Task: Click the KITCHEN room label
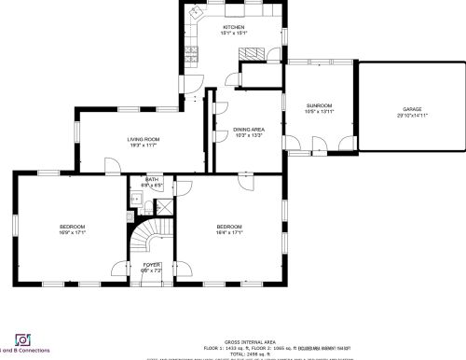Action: tap(233, 28)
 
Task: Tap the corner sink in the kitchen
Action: tap(196, 13)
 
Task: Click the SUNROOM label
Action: tap(320, 105)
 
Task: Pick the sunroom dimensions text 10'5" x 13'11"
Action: tap(320, 111)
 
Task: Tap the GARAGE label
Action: tap(412, 109)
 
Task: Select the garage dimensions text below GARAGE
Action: tap(412, 115)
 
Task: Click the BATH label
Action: tap(152, 179)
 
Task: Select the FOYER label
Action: tap(151, 265)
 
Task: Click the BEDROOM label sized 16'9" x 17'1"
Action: tap(73, 227)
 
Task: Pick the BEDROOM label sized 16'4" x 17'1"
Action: tap(229, 227)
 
